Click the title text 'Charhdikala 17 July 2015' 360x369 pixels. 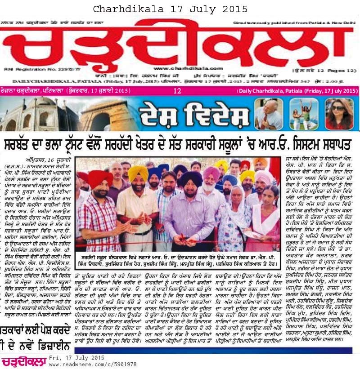171,9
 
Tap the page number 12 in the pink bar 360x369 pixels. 177,91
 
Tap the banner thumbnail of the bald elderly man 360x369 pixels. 269,114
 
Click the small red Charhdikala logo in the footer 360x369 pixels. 23,360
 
